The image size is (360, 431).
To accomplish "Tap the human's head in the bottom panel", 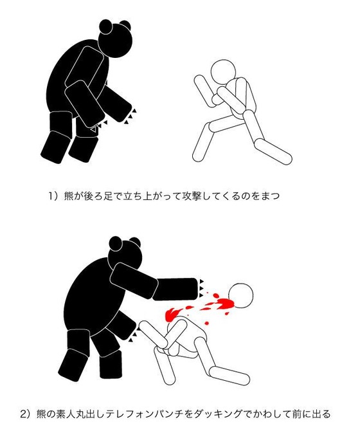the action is click(240, 295).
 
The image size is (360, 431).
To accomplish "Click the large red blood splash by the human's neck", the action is click(225, 304).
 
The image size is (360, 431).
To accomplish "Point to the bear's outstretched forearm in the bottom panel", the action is click(175, 289).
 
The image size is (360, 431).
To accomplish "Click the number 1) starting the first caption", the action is click(54, 196).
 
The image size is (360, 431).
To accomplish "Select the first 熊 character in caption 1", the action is click(69, 196).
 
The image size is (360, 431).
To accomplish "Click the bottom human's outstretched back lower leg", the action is click(230, 376).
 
